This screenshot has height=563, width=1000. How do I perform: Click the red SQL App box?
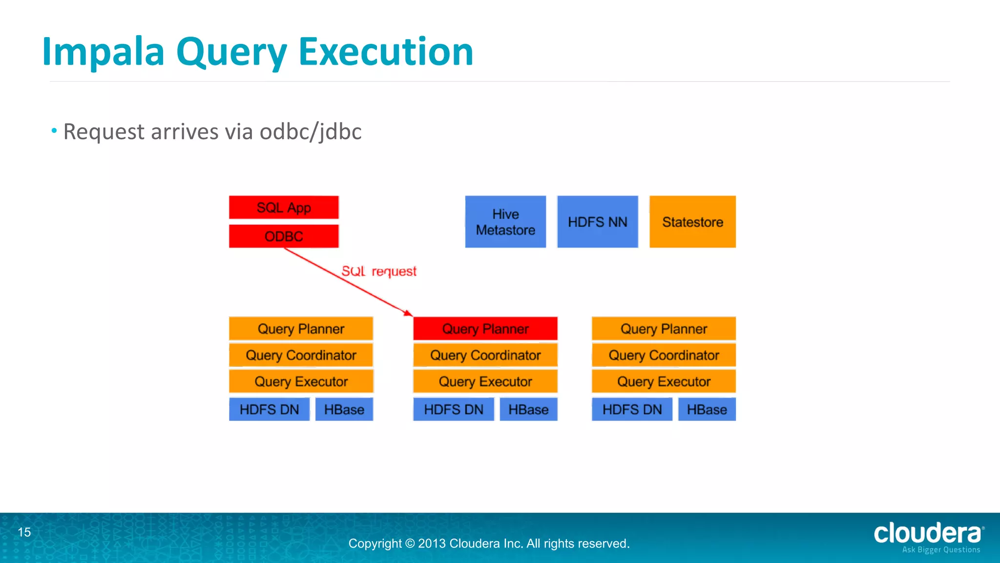(284, 208)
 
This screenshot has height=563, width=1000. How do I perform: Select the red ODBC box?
(284, 237)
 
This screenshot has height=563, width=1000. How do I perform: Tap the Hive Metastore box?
(505, 222)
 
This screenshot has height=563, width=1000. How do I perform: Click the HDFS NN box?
(597, 222)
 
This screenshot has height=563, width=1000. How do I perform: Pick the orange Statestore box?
(692, 222)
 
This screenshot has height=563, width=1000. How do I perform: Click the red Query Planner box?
(485, 329)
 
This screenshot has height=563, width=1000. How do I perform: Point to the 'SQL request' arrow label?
(379, 271)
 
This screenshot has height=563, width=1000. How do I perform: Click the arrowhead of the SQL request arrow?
(409, 313)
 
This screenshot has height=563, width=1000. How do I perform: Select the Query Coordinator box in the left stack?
(301, 355)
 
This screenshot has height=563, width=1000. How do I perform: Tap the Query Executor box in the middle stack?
(485, 382)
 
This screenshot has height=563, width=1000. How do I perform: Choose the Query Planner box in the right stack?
(664, 329)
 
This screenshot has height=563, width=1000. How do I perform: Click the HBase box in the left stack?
(344, 410)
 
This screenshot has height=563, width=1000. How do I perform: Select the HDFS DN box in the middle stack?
(454, 410)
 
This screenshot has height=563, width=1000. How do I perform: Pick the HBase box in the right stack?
(707, 410)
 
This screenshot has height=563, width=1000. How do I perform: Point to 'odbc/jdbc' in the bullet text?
(311, 132)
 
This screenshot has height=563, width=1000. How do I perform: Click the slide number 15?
(24, 532)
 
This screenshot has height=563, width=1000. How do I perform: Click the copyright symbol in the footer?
(410, 543)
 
